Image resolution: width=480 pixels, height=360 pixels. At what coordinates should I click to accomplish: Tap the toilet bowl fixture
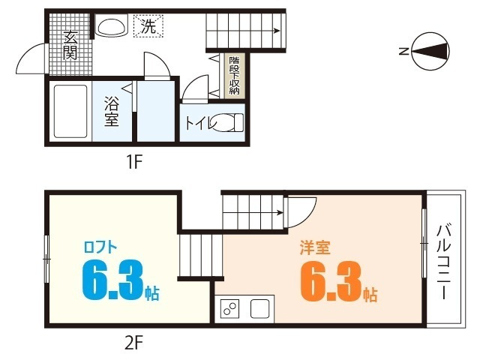pyautogui.click(x=226, y=121)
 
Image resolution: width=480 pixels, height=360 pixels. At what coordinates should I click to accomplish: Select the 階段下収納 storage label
pyautogui.click(x=234, y=76)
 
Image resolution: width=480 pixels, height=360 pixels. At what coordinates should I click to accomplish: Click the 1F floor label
pyautogui.click(x=133, y=160)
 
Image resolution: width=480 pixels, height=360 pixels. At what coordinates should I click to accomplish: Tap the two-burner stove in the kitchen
pyautogui.click(x=230, y=308)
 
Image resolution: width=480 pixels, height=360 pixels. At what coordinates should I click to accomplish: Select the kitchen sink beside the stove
pyautogui.click(x=260, y=308)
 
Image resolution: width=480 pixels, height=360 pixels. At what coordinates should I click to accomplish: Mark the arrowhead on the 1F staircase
pyautogui.click(x=278, y=31)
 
